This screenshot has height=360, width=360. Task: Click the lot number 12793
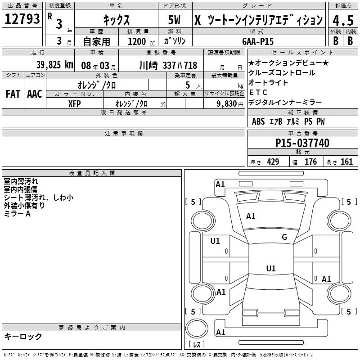click(x=22, y=19)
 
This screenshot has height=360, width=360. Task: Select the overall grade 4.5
click(x=343, y=20)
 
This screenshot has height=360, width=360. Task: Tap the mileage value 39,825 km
click(x=55, y=65)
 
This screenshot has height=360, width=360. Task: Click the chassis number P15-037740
click(x=302, y=143)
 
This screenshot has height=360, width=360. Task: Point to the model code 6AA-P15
click(x=258, y=41)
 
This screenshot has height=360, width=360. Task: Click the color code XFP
click(x=74, y=104)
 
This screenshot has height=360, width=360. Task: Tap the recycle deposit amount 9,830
click(x=227, y=103)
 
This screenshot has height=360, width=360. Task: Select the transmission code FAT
click(x=13, y=94)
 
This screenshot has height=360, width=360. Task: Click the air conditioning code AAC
click(x=35, y=94)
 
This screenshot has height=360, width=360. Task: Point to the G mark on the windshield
click(x=284, y=237)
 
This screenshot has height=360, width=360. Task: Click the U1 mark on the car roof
click(x=271, y=268)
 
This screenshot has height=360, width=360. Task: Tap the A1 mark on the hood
click(x=251, y=216)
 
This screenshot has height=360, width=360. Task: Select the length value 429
click(x=273, y=162)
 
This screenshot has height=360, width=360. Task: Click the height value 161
click(x=346, y=162)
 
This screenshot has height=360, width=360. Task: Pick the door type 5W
click(x=174, y=20)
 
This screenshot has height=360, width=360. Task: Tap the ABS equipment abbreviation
click(x=258, y=121)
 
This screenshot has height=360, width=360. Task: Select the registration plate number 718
click(x=190, y=65)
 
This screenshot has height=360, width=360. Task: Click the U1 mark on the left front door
click(x=215, y=241)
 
